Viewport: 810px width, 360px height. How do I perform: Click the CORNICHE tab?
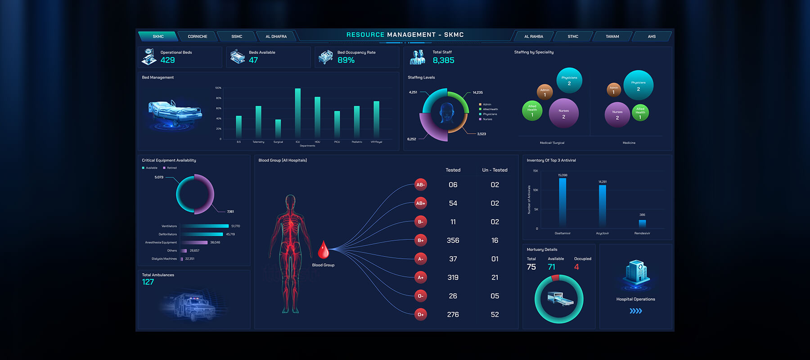(198, 36)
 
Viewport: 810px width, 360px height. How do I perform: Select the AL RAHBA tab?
(533, 36)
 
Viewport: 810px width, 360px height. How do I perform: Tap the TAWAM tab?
(612, 36)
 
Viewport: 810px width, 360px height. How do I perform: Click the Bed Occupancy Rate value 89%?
(346, 60)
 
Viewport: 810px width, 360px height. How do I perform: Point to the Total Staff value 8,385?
(443, 60)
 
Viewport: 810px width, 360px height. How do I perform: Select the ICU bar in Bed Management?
(297, 113)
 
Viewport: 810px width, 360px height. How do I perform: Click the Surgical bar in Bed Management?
(278, 129)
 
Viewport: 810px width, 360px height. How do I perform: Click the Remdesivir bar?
(642, 223)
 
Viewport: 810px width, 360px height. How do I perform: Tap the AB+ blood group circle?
(420, 203)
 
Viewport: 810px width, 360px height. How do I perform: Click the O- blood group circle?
(420, 296)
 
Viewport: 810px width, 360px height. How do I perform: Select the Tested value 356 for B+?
(453, 241)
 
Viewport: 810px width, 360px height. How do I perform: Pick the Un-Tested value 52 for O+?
(495, 315)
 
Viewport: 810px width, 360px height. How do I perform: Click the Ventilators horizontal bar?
(205, 226)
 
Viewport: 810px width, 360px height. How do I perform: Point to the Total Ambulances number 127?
(148, 282)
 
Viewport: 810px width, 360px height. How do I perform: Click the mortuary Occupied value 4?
(576, 267)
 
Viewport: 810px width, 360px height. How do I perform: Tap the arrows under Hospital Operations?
(635, 311)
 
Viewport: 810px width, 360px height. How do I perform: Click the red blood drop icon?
(323, 250)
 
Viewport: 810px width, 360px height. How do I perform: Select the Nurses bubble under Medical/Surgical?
(563, 113)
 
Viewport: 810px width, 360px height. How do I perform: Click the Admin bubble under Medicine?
(614, 90)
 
